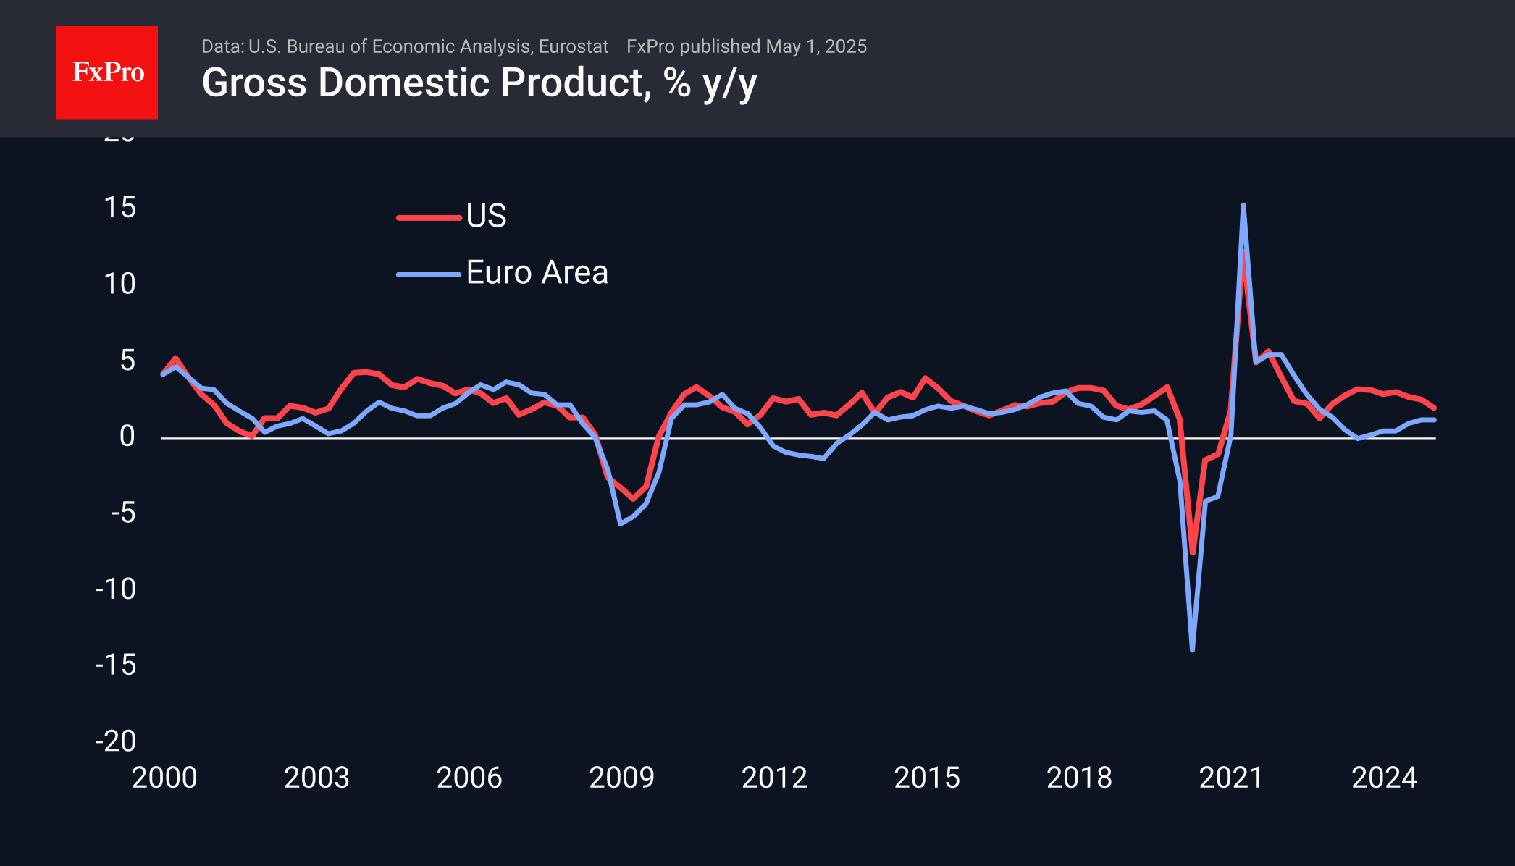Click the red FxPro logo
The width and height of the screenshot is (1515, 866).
coord(107,72)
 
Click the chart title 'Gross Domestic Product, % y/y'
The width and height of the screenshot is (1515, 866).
coord(479,83)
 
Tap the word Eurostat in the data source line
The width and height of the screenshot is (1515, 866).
coord(574,46)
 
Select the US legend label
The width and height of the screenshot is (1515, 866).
coord(486,216)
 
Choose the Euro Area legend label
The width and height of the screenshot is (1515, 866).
coord(537,273)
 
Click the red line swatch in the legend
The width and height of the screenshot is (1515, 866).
coord(429,217)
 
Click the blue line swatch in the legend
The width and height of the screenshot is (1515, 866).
coord(429,274)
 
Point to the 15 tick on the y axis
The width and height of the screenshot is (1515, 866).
coord(120,208)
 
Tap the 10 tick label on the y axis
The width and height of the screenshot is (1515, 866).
coord(120,284)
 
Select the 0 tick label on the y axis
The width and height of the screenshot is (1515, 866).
coord(127,437)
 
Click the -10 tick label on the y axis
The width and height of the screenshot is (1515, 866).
coord(116,589)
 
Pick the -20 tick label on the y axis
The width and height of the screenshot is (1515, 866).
coord(116,741)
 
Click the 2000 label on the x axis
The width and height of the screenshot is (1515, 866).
coord(164,778)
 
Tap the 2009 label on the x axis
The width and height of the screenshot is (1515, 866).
coord(621,778)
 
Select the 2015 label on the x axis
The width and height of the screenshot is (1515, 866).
coord(927,778)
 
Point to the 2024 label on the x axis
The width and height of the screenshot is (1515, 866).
coord(1384,778)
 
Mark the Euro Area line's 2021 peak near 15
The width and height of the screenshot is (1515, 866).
coord(1243,206)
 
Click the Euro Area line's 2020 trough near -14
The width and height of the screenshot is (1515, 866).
coord(1192,649)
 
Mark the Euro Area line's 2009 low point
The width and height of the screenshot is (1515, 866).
coord(621,523)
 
